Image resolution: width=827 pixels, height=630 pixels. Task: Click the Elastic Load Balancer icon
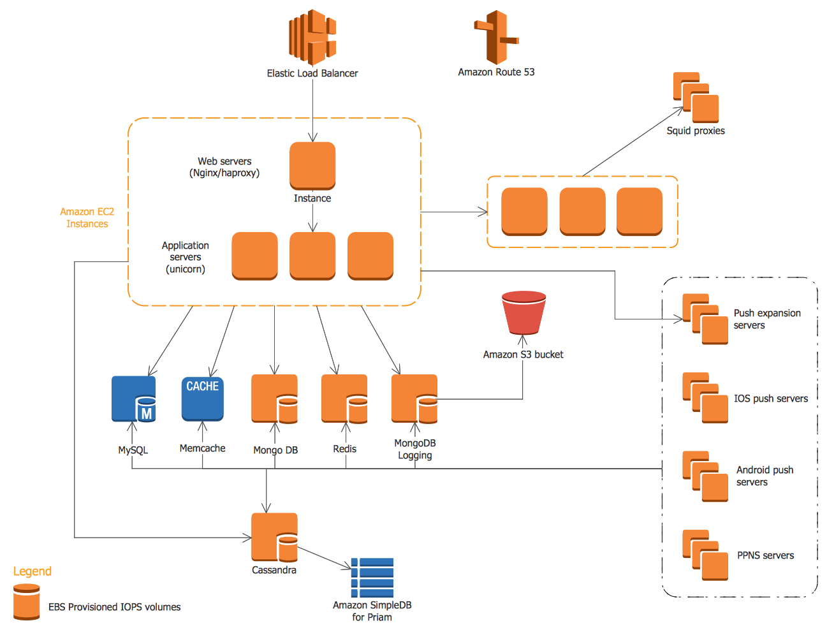point(312,37)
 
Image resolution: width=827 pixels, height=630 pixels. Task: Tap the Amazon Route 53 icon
point(496,37)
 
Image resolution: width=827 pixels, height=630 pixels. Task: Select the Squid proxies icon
point(696,98)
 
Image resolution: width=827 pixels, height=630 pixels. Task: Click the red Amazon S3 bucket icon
point(523,313)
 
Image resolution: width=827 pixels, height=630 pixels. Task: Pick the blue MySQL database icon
point(134,399)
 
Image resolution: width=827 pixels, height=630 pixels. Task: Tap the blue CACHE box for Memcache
point(202,398)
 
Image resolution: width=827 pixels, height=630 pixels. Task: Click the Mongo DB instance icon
point(274,399)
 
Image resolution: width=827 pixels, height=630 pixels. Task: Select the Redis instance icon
point(344,399)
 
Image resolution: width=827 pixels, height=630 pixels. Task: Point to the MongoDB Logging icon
point(414,399)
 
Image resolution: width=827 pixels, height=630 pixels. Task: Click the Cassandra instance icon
point(274,537)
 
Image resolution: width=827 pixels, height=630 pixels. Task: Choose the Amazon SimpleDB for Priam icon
point(372,577)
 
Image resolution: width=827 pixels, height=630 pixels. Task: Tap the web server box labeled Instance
point(312,166)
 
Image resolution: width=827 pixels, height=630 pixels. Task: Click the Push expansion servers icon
point(705,319)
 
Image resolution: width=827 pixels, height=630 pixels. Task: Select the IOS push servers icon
point(705,398)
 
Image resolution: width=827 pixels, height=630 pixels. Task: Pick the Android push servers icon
point(705,476)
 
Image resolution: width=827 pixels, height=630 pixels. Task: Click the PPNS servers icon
point(705,555)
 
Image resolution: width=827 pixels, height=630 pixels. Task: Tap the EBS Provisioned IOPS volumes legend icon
point(27,603)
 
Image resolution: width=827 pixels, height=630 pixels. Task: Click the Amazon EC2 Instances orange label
point(87,217)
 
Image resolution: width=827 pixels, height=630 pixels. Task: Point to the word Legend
point(33,571)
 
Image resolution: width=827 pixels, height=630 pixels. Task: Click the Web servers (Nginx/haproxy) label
point(224,167)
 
